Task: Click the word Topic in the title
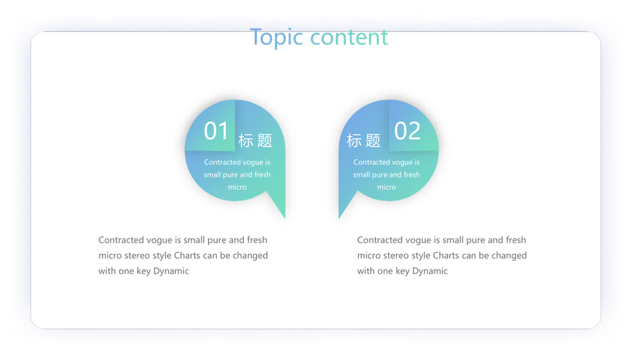(x=276, y=37)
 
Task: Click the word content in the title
(x=349, y=37)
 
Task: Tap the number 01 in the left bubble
(x=216, y=131)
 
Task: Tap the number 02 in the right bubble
(x=408, y=131)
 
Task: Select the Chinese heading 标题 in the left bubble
(x=255, y=141)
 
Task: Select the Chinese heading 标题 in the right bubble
(x=363, y=141)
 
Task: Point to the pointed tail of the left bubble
(x=285, y=217)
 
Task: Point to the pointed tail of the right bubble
(x=340, y=217)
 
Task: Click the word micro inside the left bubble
(x=237, y=187)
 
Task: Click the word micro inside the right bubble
(x=386, y=187)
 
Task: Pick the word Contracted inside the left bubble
(x=222, y=162)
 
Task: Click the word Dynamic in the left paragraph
(x=171, y=271)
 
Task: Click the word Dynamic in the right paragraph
(x=430, y=271)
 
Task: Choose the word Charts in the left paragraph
(x=187, y=256)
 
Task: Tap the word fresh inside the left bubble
(x=262, y=175)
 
